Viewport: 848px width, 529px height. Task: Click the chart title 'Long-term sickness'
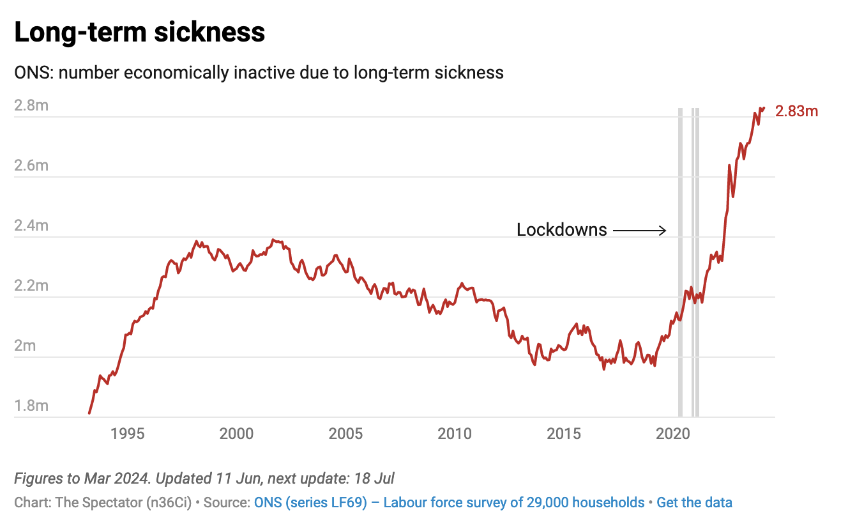(x=139, y=32)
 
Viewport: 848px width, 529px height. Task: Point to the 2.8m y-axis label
(x=31, y=105)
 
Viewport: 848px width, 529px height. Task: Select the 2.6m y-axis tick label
(x=31, y=165)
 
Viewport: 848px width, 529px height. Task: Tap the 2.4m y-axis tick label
(x=31, y=226)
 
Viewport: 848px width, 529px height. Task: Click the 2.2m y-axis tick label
(x=31, y=286)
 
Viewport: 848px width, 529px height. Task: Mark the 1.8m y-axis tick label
(x=31, y=406)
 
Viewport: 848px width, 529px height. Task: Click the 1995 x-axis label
(x=128, y=434)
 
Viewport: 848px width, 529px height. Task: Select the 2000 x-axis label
(x=236, y=434)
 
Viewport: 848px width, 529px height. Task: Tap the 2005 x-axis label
(x=345, y=434)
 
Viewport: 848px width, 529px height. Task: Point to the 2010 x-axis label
(x=455, y=434)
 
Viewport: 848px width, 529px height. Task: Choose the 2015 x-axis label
(x=564, y=434)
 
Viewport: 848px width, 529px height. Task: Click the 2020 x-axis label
(x=673, y=434)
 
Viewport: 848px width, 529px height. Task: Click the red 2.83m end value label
(x=796, y=112)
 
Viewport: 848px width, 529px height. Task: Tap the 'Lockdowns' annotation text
(x=561, y=230)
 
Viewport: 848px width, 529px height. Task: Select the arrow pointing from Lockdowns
(x=640, y=230)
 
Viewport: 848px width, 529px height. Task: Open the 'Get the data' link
(x=694, y=502)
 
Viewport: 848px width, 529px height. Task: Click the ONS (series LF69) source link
(x=449, y=502)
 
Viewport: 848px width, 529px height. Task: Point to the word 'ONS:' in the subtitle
(x=34, y=73)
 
